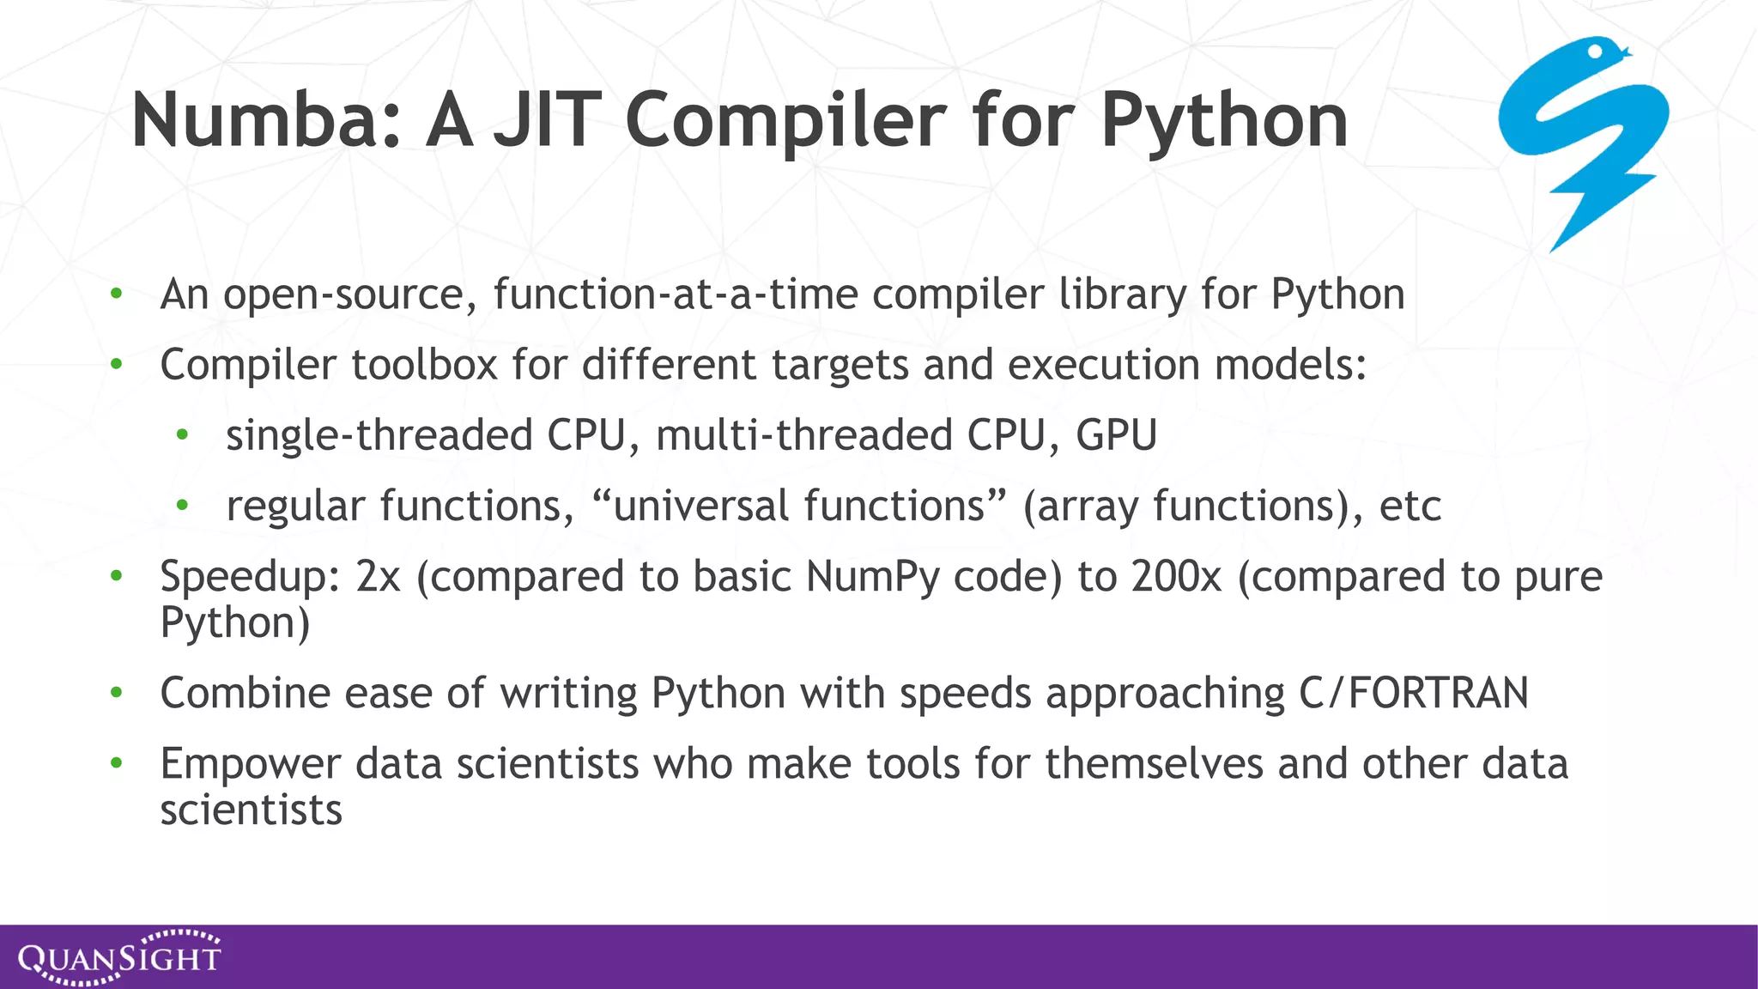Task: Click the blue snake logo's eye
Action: pos(1595,52)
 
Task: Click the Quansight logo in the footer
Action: pos(119,956)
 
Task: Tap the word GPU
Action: pos(1116,435)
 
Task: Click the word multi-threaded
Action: pos(803,435)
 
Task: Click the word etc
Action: pos(1409,506)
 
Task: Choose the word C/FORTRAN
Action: pos(1413,693)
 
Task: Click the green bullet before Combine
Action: pos(117,692)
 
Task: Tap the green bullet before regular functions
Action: pos(182,506)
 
